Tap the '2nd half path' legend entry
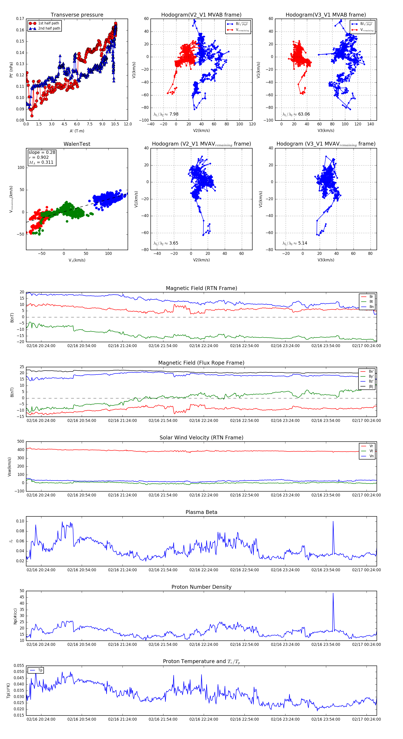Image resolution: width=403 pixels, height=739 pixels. (49, 28)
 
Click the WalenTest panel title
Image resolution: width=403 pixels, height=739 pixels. (77, 144)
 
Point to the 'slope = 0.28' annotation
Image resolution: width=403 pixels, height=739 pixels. (42, 152)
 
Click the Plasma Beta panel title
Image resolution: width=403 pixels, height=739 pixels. (201, 512)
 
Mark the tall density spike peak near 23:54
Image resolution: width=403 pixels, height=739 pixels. (333, 593)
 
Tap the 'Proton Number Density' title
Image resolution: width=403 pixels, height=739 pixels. (201, 587)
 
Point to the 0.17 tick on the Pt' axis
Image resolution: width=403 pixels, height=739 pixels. (20, 19)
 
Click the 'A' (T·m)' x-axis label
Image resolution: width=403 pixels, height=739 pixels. (77, 131)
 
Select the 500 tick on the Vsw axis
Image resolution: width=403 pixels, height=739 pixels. (21, 442)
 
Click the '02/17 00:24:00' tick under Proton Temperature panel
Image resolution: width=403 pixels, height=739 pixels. (366, 719)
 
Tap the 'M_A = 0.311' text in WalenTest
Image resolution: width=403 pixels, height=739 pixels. (41, 162)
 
